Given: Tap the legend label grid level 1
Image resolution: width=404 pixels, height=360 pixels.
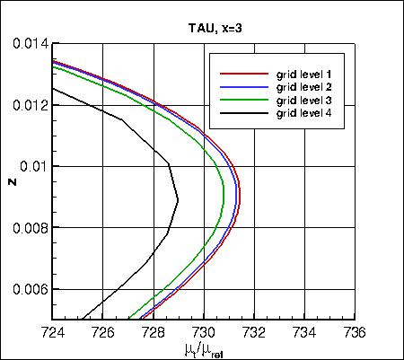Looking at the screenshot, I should tap(306, 73).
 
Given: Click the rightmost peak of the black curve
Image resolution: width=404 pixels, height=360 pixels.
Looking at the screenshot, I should tap(179, 199).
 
